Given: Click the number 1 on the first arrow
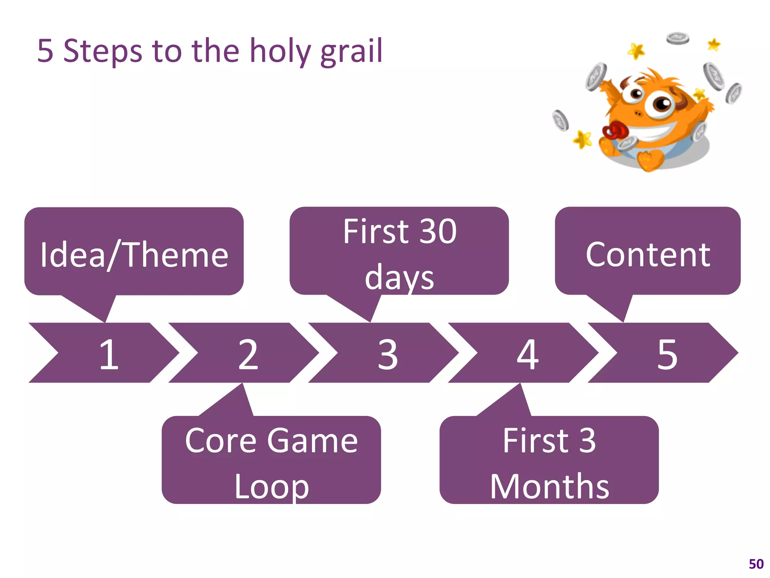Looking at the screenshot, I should [109, 354].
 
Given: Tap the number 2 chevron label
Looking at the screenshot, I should [248, 354].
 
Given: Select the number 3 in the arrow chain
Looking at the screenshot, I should [388, 354].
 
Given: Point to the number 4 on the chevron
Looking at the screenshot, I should [527, 354].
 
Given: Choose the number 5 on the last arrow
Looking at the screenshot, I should [667, 354].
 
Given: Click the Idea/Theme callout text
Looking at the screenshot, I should [134, 255].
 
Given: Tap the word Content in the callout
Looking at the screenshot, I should [648, 255].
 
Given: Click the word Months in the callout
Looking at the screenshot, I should [549, 487].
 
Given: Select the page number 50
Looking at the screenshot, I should [756, 564].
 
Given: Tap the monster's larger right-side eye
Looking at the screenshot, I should [659, 103].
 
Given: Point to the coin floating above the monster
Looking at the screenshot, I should [678, 38].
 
